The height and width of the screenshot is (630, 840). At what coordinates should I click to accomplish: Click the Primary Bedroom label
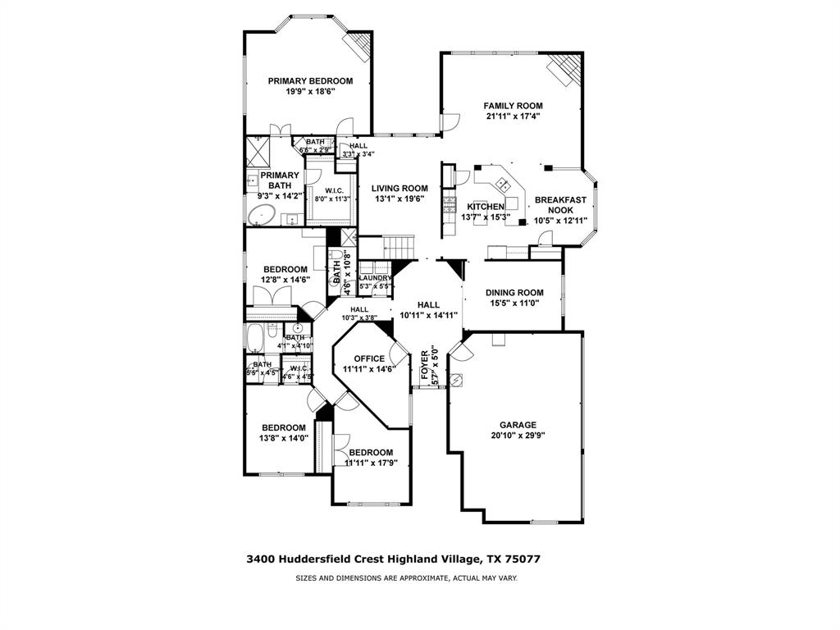311,81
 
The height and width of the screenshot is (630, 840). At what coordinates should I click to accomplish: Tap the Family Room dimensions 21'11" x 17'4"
513,116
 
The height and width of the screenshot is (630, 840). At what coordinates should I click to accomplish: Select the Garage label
519,425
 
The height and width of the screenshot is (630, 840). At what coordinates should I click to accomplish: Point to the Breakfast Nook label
560,205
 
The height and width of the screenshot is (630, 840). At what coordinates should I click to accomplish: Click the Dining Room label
514,293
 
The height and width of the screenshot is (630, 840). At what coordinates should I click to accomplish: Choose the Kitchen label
486,207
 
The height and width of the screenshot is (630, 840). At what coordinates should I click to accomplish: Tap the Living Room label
399,188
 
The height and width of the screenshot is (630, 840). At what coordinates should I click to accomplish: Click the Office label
369,358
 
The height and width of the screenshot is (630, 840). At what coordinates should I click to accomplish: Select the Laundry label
375,278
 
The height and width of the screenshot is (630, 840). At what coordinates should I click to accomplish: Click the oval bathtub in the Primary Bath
262,216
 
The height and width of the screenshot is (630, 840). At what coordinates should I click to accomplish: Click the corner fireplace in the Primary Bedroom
358,47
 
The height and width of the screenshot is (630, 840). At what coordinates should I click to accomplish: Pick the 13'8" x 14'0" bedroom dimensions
284,438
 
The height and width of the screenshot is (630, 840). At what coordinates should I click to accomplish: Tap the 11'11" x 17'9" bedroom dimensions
371,463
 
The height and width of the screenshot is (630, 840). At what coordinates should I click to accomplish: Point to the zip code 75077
522,559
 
